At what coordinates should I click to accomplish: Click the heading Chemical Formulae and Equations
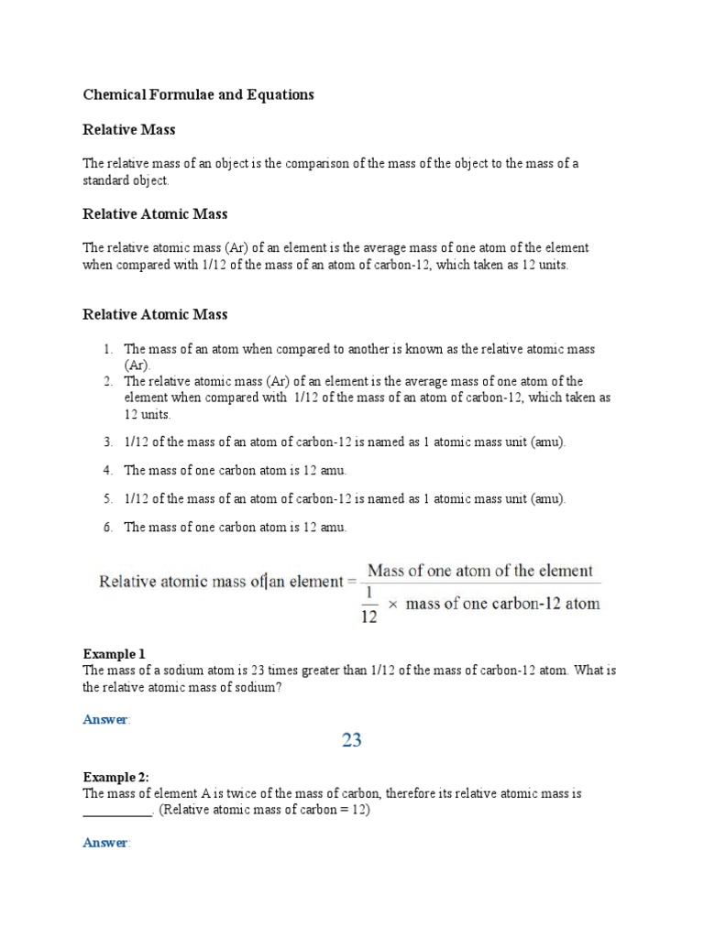pyautogui.click(x=198, y=94)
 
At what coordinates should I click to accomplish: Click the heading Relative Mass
pyautogui.click(x=128, y=130)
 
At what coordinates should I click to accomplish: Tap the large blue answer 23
pyautogui.click(x=352, y=740)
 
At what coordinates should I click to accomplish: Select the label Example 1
pyautogui.click(x=114, y=654)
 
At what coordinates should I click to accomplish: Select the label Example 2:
pyautogui.click(x=116, y=778)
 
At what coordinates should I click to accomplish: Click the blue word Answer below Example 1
pyautogui.click(x=105, y=720)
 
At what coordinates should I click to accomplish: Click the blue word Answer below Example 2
pyautogui.click(x=105, y=843)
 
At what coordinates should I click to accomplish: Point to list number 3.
pyautogui.click(x=106, y=442)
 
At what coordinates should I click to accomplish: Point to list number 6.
pyautogui.click(x=106, y=527)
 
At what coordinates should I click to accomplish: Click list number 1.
pyautogui.click(x=106, y=349)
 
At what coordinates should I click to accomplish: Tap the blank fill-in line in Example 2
pyautogui.click(x=117, y=812)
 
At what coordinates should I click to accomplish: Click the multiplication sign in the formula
pyautogui.click(x=390, y=605)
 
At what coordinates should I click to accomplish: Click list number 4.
pyautogui.click(x=106, y=470)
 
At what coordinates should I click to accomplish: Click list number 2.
pyautogui.click(x=106, y=381)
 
